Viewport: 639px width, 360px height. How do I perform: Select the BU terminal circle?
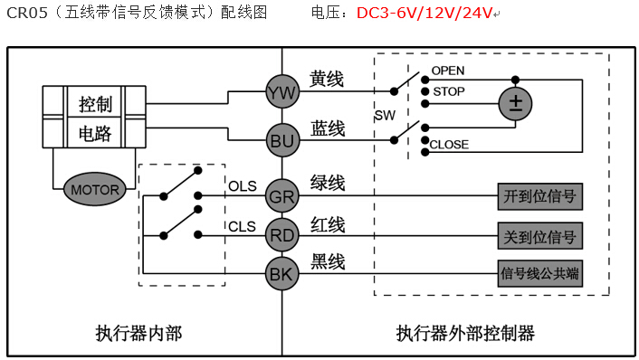[x=281, y=140]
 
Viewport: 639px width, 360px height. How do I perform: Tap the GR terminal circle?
[x=281, y=194]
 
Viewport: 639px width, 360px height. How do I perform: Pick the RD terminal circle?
[x=281, y=234]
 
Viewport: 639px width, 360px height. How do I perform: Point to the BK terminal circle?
[x=281, y=272]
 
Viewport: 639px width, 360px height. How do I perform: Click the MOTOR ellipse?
[x=95, y=190]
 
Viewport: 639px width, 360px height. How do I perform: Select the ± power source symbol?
[x=516, y=102]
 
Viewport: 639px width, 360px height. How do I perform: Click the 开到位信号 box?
[x=539, y=194]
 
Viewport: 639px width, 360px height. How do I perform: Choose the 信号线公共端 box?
[x=539, y=272]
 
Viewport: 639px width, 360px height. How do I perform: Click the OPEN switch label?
[x=448, y=71]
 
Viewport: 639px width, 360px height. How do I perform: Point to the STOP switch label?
[x=449, y=91]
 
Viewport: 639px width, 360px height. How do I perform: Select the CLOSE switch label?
[x=449, y=145]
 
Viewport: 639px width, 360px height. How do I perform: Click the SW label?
[x=384, y=117]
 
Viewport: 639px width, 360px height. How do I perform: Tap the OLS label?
[x=242, y=185]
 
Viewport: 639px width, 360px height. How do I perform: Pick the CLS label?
[x=242, y=226]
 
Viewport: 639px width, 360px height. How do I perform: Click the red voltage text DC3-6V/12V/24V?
[x=424, y=13]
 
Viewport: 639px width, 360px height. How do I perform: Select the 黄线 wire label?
[x=327, y=80]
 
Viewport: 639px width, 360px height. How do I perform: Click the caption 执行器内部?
[x=138, y=333]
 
